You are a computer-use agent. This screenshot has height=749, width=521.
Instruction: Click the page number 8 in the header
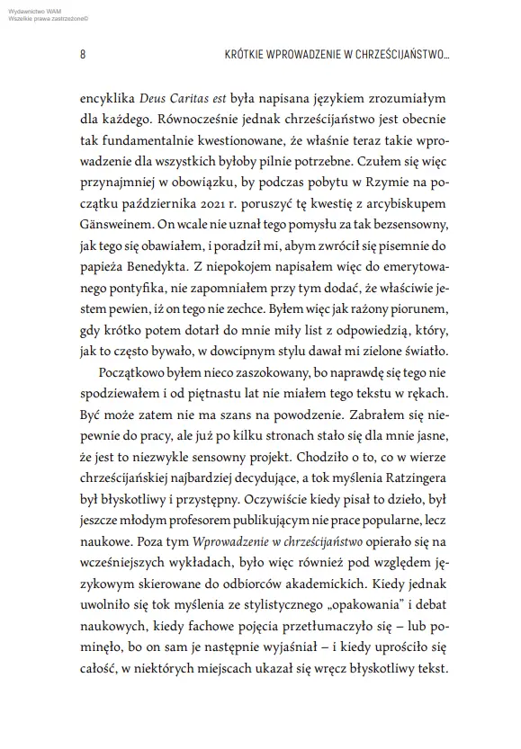pos(82,55)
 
